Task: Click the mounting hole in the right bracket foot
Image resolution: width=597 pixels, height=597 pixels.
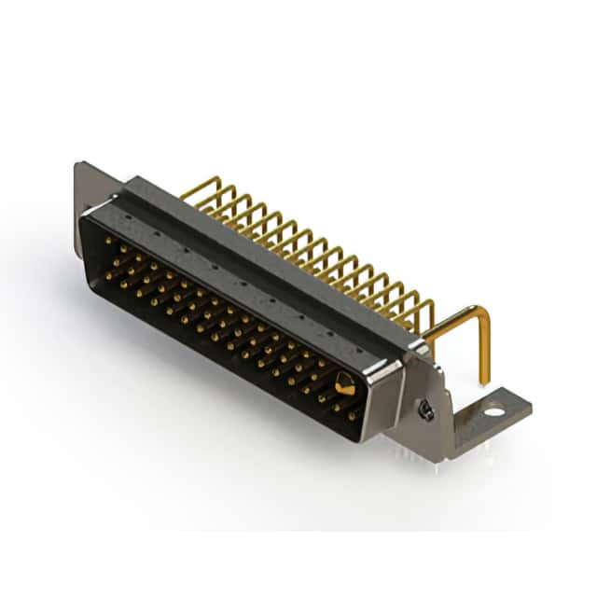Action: [x=493, y=408]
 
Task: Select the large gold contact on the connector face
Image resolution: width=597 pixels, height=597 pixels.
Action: [x=343, y=382]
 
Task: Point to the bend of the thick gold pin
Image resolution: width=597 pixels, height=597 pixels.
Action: [x=479, y=313]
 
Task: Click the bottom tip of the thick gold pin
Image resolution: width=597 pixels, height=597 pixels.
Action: [x=484, y=380]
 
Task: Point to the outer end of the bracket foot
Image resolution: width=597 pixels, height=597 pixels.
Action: [x=522, y=403]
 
